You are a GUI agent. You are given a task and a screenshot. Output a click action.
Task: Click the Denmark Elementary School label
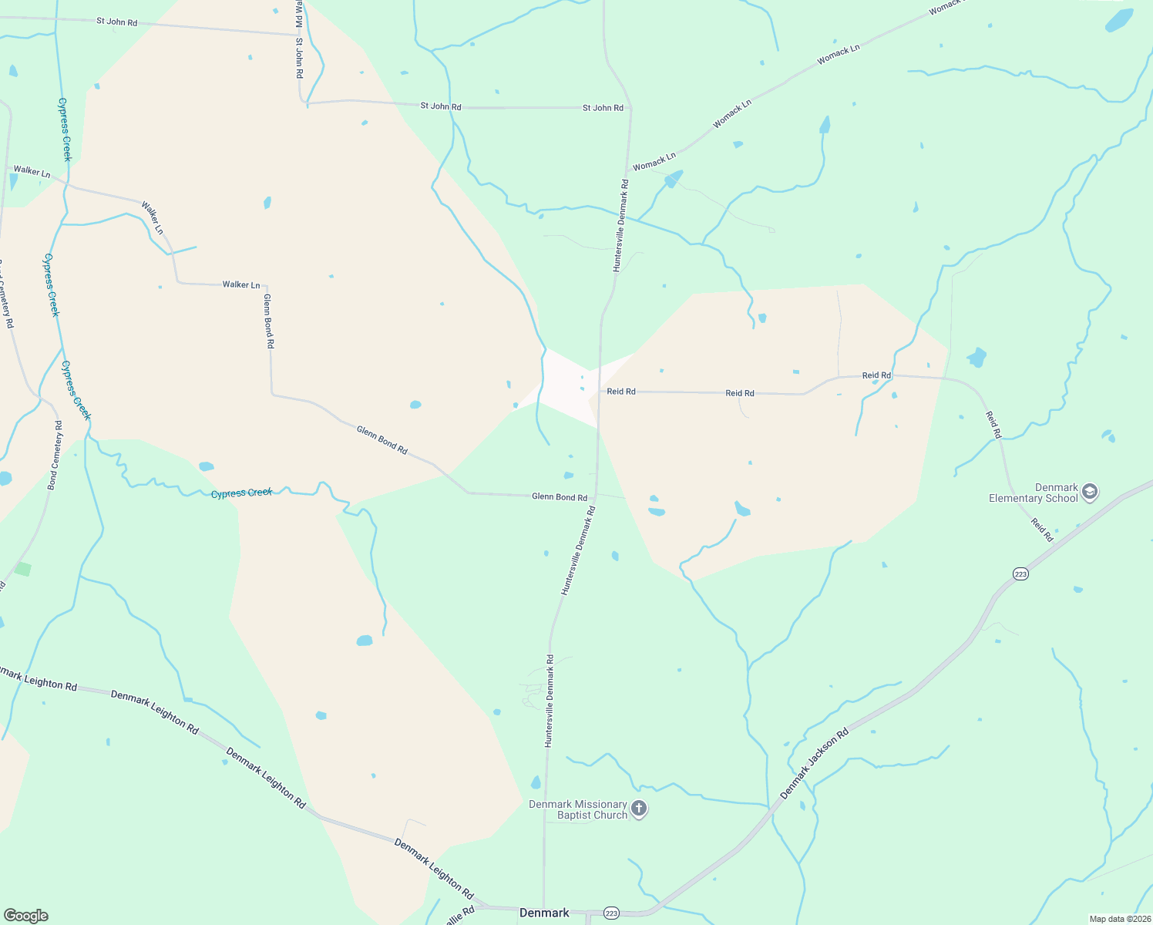pyautogui.click(x=1034, y=493)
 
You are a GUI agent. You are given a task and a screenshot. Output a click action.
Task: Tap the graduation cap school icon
pyautogui.click(x=1089, y=491)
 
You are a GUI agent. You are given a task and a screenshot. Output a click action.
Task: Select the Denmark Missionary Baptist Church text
pyautogui.click(x=578, y=809)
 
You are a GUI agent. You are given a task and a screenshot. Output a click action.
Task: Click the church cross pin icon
pyautogui.click(x=639, y=809)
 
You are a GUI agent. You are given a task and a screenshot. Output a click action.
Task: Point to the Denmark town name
pyautogui.click(x=544, y=913)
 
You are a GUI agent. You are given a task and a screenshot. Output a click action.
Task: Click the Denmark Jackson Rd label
pyautogui.click(x=814, y=763)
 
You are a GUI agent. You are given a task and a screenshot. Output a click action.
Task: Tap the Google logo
pyautogui.click(x=25, y=916)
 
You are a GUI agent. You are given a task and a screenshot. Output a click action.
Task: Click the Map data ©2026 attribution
pyautogui.click(x=1119, y=919)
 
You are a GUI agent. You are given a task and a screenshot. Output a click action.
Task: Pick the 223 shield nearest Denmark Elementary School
pyautogui.click(x=1020, y=574)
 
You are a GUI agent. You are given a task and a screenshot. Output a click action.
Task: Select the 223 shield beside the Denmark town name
pyautogui.click(x=611, y=913)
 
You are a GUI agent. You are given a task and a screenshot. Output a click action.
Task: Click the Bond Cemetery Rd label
pyautogui.click(x=54, y=455)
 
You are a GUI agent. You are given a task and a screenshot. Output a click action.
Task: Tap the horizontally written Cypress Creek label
pyautogui.click(x=242, y=493)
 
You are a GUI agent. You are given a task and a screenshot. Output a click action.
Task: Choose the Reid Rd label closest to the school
pyautogui.click(x=1042, y=530)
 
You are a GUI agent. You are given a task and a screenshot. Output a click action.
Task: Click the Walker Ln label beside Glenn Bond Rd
pyautogui.click(x=241, y=285)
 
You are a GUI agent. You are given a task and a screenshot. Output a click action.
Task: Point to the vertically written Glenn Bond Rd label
pyautogui.click(x=268, y=321)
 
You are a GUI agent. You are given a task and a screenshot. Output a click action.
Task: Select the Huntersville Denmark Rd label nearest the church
pyautogui.click(x=549, y=701)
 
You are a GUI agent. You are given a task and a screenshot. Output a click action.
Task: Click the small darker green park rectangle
pyautogui.click(x=23, y=570)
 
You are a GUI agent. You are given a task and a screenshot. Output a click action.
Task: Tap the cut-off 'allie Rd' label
pyautogui.click(x=459, y=917)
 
